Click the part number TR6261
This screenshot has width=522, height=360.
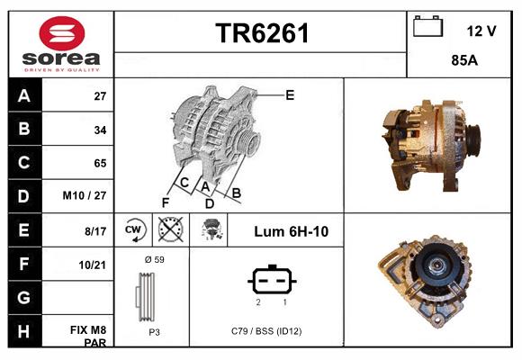point(262,33)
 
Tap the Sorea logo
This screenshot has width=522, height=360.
point(60,44)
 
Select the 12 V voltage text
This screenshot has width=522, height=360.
point(481,31)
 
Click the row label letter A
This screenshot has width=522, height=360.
point(24,96)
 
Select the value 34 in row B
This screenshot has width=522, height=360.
point(99,130)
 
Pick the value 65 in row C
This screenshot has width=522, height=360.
point(99,163)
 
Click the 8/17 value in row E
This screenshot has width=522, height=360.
point(94,231)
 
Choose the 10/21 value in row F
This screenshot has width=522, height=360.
point(94,265)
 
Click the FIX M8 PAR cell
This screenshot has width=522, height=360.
point(90,337)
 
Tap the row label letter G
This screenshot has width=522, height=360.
point(24,298)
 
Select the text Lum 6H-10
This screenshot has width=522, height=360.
point(291,231)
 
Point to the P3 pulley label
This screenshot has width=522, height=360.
point(153,331)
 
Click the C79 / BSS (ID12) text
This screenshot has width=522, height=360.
point(265,331)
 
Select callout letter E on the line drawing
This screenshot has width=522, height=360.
point(290,94)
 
